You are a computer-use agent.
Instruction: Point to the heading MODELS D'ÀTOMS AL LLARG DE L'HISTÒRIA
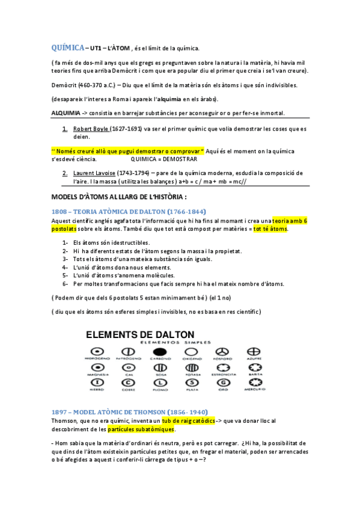click(x=120, y=196)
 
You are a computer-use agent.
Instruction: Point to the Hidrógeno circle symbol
click(x=96, y=351)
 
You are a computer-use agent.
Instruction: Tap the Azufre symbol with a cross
click(x=254, y=351)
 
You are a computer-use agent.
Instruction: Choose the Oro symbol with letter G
click(x=222, y=382)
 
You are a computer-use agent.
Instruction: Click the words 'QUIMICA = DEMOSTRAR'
click(x=163, y=159)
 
